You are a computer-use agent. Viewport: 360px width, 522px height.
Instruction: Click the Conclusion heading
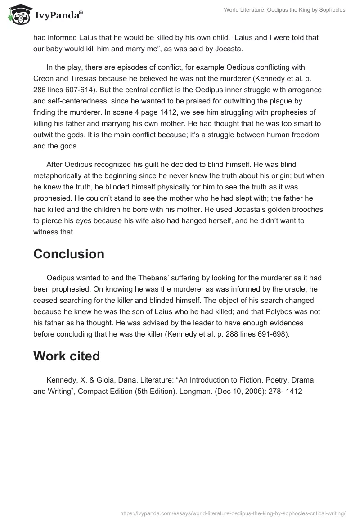[69, 254]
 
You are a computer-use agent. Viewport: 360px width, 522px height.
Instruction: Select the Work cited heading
[67, 356]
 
